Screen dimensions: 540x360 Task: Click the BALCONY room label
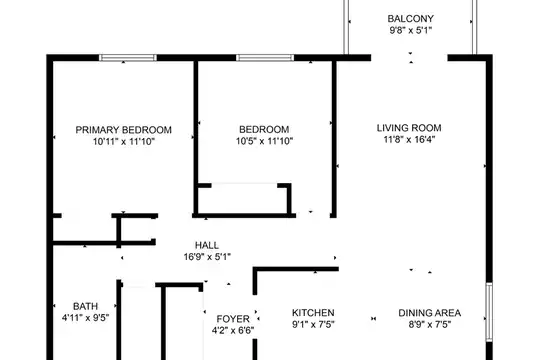pos(411,19)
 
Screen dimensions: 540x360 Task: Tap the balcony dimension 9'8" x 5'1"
pos(411,30)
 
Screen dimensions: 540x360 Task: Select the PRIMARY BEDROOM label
pos(124,130)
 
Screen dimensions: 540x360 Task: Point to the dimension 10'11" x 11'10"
pos(124,142)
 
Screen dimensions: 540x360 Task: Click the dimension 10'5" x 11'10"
pos(264,141)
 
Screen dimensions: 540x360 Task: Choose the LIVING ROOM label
pos(409,128)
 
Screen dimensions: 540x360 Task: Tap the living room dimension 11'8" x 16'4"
pos(409,140)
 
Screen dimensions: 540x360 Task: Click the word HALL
pos(207,245)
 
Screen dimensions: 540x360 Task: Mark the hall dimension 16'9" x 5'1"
pos(207,257)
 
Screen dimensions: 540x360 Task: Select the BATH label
pos(85,306)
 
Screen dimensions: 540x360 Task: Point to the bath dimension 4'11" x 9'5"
pos(85,318)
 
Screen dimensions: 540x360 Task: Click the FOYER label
pos(233,319)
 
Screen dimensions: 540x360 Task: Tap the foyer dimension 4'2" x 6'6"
pos(233,331)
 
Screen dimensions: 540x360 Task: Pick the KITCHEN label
pos(313,313)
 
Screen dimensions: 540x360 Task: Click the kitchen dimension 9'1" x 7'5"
pos(313,325)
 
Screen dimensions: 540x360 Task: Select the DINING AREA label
pos(429,313)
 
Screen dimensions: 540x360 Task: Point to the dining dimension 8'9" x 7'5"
pos(429,325)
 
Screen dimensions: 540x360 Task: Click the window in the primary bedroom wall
pos(128,58)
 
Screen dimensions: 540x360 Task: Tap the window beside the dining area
pos(489,312)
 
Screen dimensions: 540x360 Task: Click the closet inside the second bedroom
pos(245,200)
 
